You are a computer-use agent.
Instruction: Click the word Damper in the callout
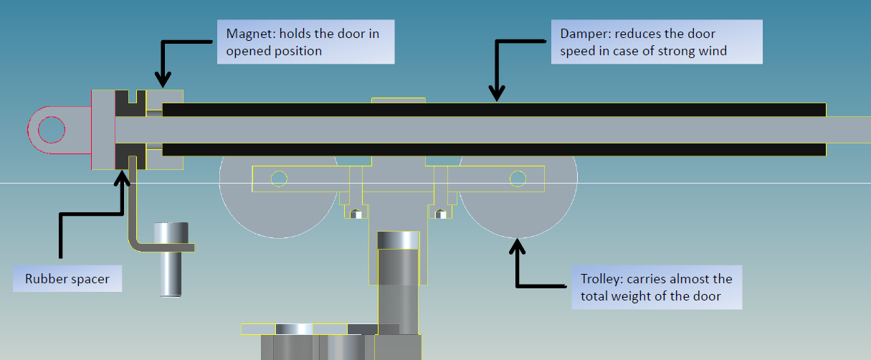582,34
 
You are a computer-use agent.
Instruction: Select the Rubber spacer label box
67,279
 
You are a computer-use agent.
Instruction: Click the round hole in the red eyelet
52,130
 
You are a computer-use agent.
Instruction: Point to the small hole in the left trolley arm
280,178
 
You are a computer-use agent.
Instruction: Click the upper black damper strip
495,110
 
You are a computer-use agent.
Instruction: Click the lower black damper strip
495,149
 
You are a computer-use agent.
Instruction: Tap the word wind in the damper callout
713,51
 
